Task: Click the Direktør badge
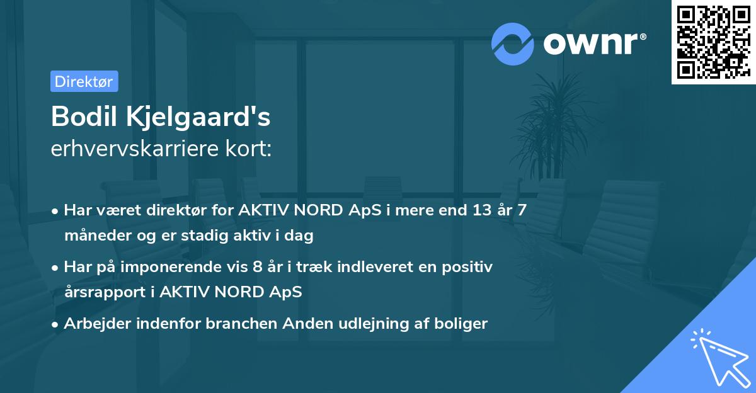coord(84,81)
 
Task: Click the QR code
coord(713,42)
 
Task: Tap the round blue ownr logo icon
coord(513,43)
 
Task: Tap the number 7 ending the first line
coord(522,210)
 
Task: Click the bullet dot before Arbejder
coord(56,324)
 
